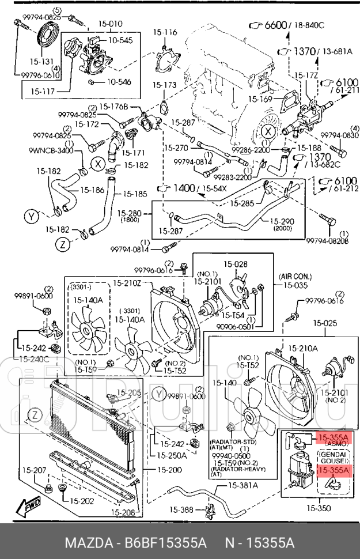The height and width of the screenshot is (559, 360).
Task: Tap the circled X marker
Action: (x=99, y=164)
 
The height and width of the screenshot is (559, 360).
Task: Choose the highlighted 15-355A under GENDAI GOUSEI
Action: (x=333, y=471)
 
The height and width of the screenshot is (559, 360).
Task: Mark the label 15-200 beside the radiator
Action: (x=167, y=470)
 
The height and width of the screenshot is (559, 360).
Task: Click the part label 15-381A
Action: (x=242, y=485)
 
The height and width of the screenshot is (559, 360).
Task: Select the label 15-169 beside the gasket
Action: (x=260, y=99)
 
